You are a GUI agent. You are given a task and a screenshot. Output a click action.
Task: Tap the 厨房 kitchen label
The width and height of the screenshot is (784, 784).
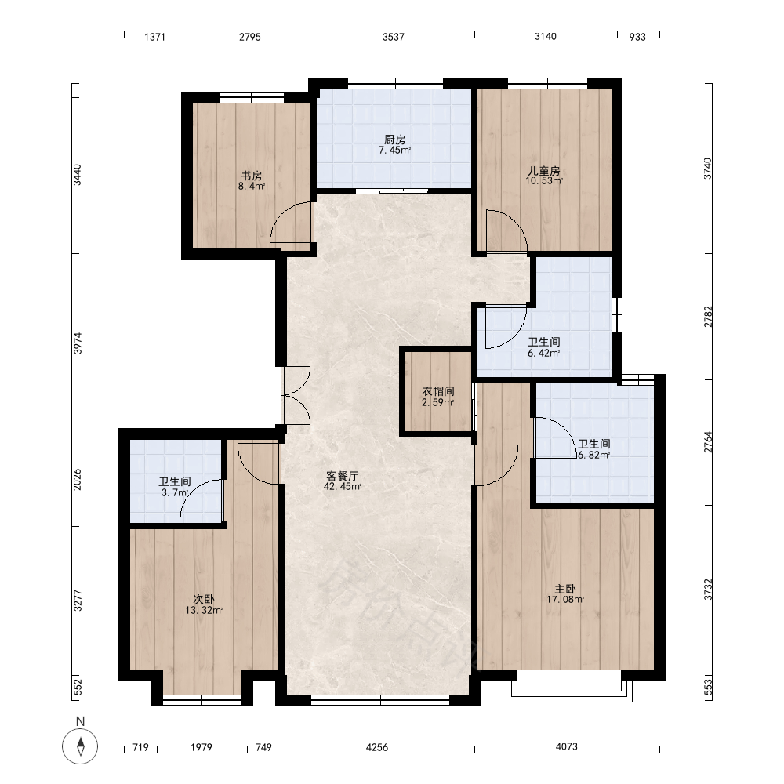pyautogui.click(x=395, y=140)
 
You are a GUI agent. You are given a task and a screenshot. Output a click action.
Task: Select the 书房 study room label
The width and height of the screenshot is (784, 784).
pyautogui.click(x=252, y=176)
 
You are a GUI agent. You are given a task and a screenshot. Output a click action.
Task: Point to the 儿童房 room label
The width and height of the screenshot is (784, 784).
pyautogui.click(x=544, y=170)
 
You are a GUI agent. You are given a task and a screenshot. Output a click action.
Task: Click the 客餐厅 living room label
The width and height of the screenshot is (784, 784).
pyautogui.click(x=343, y=476)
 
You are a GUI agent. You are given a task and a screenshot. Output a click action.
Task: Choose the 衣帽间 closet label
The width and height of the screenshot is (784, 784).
pyautogui.click(x=438, y=391)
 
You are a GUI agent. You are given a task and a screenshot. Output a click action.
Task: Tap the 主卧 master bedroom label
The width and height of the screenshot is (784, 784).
pyautogui.click(x=565, y=589)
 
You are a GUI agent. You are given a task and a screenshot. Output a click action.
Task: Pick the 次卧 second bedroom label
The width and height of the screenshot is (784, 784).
pyautogui.click(x=204, y=599)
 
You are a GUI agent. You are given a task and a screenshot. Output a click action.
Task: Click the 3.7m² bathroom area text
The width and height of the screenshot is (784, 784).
pyautogui.click(x=175, y=493)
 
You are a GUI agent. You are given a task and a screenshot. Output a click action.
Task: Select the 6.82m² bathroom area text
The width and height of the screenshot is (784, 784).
pyautogui.click(x=594, y=455)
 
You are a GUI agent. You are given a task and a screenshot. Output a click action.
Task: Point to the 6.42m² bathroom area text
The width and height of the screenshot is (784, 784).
pyautogui.click(x=544, y=353)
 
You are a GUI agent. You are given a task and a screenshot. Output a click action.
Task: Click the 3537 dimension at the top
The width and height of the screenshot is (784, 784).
pyautogui.click(x=394, y=37)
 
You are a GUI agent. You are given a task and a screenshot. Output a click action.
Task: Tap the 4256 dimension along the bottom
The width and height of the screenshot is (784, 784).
pyautogui.click(x=377, y=747)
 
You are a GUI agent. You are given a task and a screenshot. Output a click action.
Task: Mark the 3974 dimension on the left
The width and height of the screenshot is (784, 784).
pyautogui.click(x=78, y=343)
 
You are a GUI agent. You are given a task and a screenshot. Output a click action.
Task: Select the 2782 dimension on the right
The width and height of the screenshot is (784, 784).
pyautogui.click(x=708, y=317)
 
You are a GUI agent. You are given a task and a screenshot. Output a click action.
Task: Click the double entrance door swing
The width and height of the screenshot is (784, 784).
pyautogui.click(x=296, y=395)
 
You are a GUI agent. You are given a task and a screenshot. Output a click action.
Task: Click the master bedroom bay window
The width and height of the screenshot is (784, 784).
pyautogui.click(x=569, y=686)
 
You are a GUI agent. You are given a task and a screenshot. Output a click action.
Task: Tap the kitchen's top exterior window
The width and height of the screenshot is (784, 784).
pyautogui.click(x=395, y=84)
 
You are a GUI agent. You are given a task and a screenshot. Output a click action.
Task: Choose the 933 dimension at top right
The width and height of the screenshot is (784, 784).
pyautogui.click(x=637, y=37)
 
